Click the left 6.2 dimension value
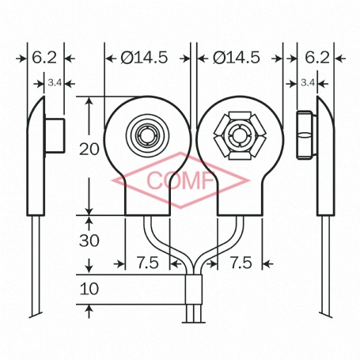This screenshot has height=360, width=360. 46,57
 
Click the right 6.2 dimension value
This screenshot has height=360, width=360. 316,57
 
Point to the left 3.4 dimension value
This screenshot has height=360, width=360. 54,81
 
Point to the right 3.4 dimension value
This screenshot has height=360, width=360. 308,81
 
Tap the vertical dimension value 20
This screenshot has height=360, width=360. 89,149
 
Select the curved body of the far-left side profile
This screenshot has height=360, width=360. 36,158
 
